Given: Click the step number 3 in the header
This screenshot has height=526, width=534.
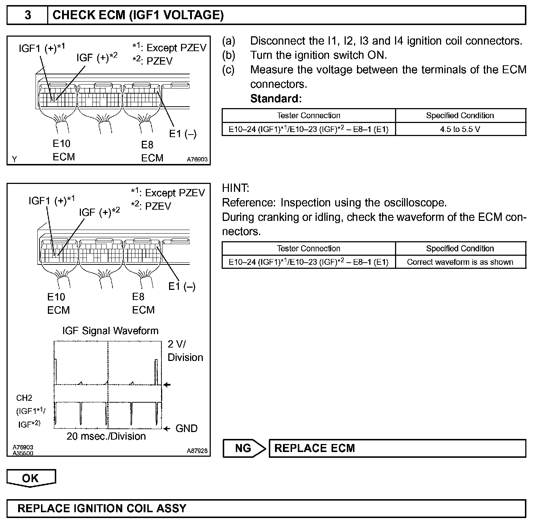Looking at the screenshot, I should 28,15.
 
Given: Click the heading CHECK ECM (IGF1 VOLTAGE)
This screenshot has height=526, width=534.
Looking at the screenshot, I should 138,15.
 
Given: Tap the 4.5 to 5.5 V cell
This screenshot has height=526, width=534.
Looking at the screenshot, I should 460,129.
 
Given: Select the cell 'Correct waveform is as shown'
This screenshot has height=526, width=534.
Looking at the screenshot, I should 460,262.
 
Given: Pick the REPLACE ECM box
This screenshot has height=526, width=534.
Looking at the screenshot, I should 397,448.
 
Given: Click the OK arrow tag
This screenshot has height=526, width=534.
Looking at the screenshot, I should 31,478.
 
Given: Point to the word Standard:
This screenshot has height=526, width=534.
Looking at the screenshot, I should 276,98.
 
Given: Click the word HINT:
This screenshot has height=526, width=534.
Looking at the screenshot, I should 235,188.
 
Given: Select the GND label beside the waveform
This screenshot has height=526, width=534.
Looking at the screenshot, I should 186,428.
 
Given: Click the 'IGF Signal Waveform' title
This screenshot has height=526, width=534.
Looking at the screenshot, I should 110,330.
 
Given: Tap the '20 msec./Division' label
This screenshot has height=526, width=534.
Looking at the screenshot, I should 106,436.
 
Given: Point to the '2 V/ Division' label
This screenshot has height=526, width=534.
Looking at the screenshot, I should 185,351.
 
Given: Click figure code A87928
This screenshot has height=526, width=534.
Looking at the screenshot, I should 197,451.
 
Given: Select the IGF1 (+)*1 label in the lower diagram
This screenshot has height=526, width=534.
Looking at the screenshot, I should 52,200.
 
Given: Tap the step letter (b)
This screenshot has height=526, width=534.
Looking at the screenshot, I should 228,55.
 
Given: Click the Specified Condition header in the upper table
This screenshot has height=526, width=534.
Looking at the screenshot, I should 460,115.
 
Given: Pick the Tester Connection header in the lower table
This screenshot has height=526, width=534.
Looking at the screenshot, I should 308,248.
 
